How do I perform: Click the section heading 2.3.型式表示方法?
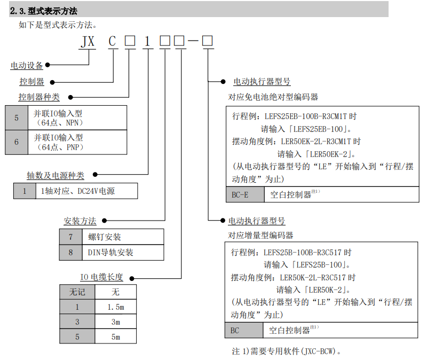point(44,11)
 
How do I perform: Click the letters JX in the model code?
point(88,42)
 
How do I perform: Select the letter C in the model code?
point(112,42)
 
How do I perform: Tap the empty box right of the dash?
point(207,41)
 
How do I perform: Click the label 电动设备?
point(27,65)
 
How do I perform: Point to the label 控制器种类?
point(39,97)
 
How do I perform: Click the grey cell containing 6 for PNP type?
point(17,142)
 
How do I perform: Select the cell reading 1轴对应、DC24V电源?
point(86,191)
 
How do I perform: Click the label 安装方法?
point(80,221)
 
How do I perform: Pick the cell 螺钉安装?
point(123,237)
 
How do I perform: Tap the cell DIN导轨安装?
point(123,253)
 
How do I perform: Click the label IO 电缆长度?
point(101,277)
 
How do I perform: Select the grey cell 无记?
point(77,292)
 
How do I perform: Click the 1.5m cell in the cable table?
point(116,307)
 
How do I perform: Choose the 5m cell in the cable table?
point(116,337)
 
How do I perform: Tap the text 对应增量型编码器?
point(260,235)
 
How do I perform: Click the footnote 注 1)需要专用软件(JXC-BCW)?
point(286,351)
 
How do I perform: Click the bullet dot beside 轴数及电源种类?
point(95,175)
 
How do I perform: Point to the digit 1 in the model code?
point(147,42)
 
